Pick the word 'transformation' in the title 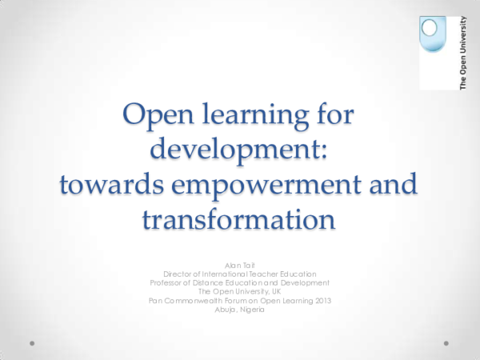tap(239, 218)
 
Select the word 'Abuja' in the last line tap(226, 310)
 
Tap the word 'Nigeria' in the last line tap(256, 310)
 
